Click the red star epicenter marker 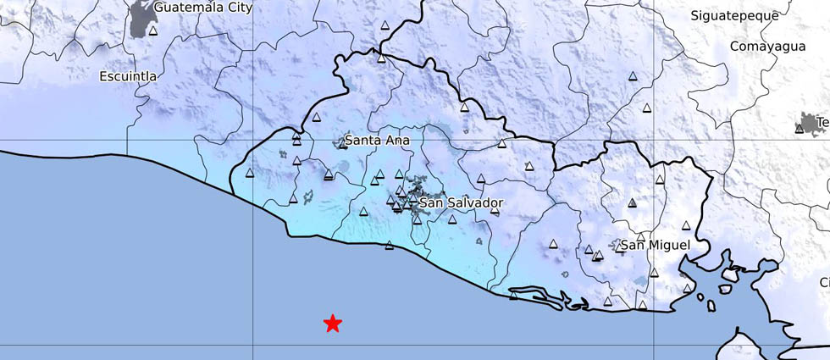tap(333, 323)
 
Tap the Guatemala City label tap(204, 7)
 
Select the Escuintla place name tap(128, 76)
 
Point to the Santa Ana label tap(378, 140)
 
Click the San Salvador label tap(462, 203)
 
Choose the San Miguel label tap(655, 245)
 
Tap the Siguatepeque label tap(734, 15)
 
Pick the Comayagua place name tap(768, 47)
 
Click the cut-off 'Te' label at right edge tap(822, 122)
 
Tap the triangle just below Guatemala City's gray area tap(153, 31)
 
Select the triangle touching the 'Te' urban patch tap(800, 129)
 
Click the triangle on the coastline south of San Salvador tap(389, 246)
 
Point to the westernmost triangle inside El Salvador tap(249, 174)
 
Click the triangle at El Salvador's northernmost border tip tap(381, 58)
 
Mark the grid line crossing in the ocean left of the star tap(253, 345)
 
